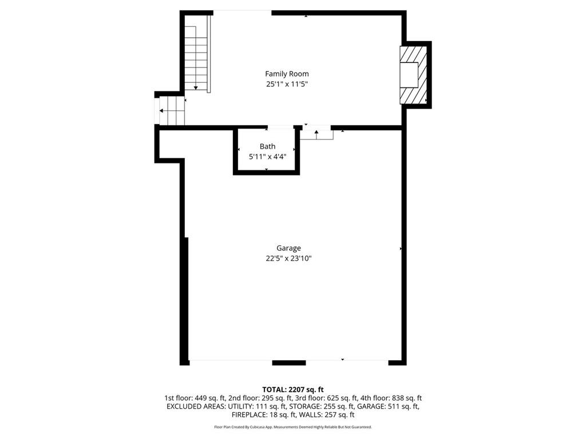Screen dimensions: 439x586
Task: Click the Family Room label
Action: tap(287, 74)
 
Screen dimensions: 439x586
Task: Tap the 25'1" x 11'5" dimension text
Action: tap(287, 84)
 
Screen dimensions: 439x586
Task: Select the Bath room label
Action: tap(267, 146)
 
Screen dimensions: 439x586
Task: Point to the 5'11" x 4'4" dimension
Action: tap(267, 156)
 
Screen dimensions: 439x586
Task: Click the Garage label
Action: tap(288, 248)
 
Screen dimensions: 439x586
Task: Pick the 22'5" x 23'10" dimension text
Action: tap(288, 258)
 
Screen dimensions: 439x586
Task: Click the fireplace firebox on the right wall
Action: tap(409, 74)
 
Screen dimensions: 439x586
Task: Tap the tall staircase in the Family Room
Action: tap(196, 53)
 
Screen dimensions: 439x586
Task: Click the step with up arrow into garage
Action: tap(316, 134)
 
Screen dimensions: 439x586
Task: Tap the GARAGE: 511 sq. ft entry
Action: tap(391, 406)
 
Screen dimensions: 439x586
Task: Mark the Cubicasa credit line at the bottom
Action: tap(293, 427)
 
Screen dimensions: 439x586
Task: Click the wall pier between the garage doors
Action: tap(289, 362)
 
